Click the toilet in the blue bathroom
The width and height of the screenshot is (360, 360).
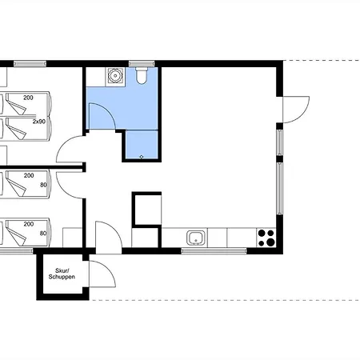click(x=141, y=75)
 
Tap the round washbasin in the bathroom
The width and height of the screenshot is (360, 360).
click(x=115, y=76)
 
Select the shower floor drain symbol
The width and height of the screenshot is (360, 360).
click(x=142, y=157)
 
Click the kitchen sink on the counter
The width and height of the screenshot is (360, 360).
click(x=197, y=238)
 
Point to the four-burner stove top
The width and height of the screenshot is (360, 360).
click(x=266, y=238)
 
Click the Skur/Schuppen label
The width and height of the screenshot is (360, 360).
click(x=62, y=274)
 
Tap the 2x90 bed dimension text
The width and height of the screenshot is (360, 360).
click(x=39, y=122)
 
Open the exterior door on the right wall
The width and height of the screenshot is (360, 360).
click(x=295, y=110)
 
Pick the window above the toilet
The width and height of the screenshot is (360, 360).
click(x=142, y=64)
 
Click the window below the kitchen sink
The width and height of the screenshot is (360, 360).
click(x=214, y=250)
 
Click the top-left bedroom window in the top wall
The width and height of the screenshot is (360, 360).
click(x=30, y=64)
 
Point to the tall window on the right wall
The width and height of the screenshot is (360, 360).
click(x=279, y=188)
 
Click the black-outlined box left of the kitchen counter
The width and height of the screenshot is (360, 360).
click(x=146, y=210)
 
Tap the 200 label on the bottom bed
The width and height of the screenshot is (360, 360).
click(x=29, y=224)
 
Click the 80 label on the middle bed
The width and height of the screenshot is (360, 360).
click(x=43, y=185)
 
